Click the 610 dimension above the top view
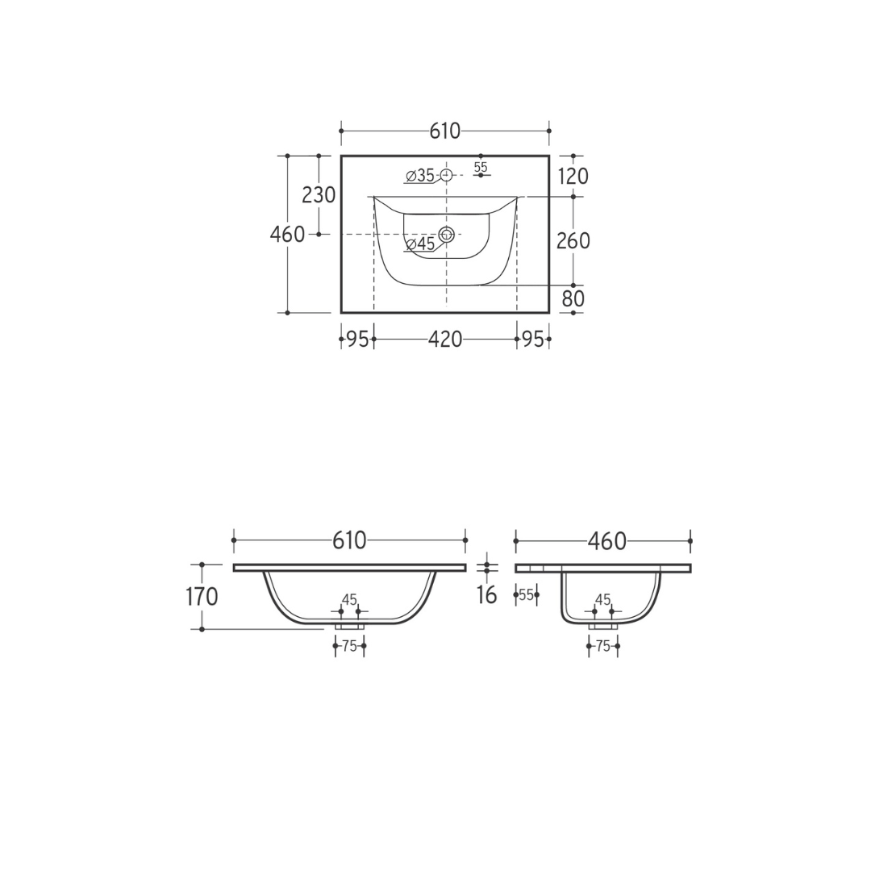445,131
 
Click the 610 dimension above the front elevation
349,540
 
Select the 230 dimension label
319,195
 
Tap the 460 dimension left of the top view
287,235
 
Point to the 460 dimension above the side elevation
607,541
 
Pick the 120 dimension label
573,177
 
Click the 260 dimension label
573,241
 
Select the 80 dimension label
573,299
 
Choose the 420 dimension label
445,339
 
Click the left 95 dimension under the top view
358,339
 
